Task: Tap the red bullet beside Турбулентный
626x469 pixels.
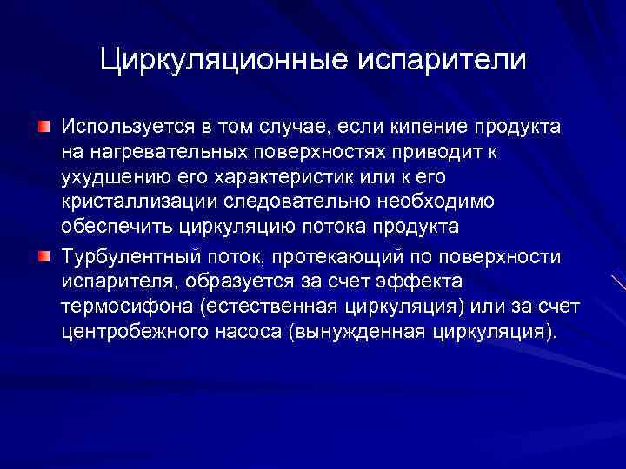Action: (43, 258)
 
